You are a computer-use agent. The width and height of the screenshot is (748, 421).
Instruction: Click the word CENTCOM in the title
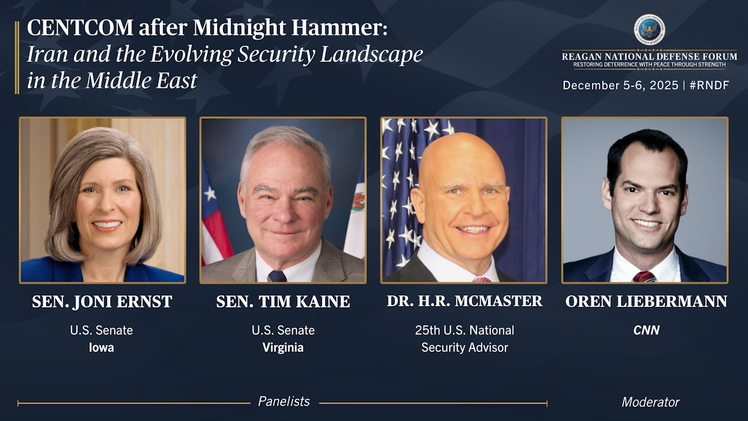(80, 27)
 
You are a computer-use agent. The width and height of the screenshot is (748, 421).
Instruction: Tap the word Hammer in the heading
(340, 27)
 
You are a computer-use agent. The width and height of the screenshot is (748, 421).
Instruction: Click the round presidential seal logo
(649, 30)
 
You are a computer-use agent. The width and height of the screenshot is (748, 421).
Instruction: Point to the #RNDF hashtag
(709, 85)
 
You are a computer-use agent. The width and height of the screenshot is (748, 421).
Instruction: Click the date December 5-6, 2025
(621, 85)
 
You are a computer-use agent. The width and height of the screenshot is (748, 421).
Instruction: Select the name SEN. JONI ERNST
(102, 302)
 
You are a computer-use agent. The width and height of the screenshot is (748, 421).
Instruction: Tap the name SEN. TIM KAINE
(283, 302)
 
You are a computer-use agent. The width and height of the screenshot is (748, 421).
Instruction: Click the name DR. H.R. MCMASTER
(465, 301)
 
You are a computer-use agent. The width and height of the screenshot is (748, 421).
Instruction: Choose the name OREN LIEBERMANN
(646, 301)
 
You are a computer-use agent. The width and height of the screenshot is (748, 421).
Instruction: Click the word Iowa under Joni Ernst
(102, 347)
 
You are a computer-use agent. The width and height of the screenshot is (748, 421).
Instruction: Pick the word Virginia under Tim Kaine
(283, 348)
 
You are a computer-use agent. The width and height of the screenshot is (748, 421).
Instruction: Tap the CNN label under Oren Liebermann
(646, 330)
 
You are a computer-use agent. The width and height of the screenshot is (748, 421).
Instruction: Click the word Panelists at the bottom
(284, 401)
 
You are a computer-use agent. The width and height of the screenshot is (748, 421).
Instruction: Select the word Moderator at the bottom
(650, 402)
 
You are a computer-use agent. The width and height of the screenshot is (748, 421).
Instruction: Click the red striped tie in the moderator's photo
(644, 277)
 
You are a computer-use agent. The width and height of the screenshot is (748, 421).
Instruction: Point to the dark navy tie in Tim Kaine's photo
(277, 277)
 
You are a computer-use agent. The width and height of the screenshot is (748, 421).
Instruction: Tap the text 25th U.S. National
(465, 330)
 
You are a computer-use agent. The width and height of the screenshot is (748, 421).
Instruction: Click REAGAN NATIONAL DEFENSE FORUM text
(649, 56)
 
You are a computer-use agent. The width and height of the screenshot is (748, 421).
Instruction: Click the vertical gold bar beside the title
(17, 57)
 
